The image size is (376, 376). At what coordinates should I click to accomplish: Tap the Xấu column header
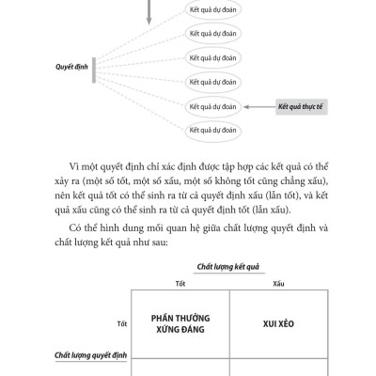pos(278,282)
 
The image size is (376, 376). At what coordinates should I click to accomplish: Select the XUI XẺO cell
pos(278,322)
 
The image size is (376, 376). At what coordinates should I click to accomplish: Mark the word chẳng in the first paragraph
pos(290,178)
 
